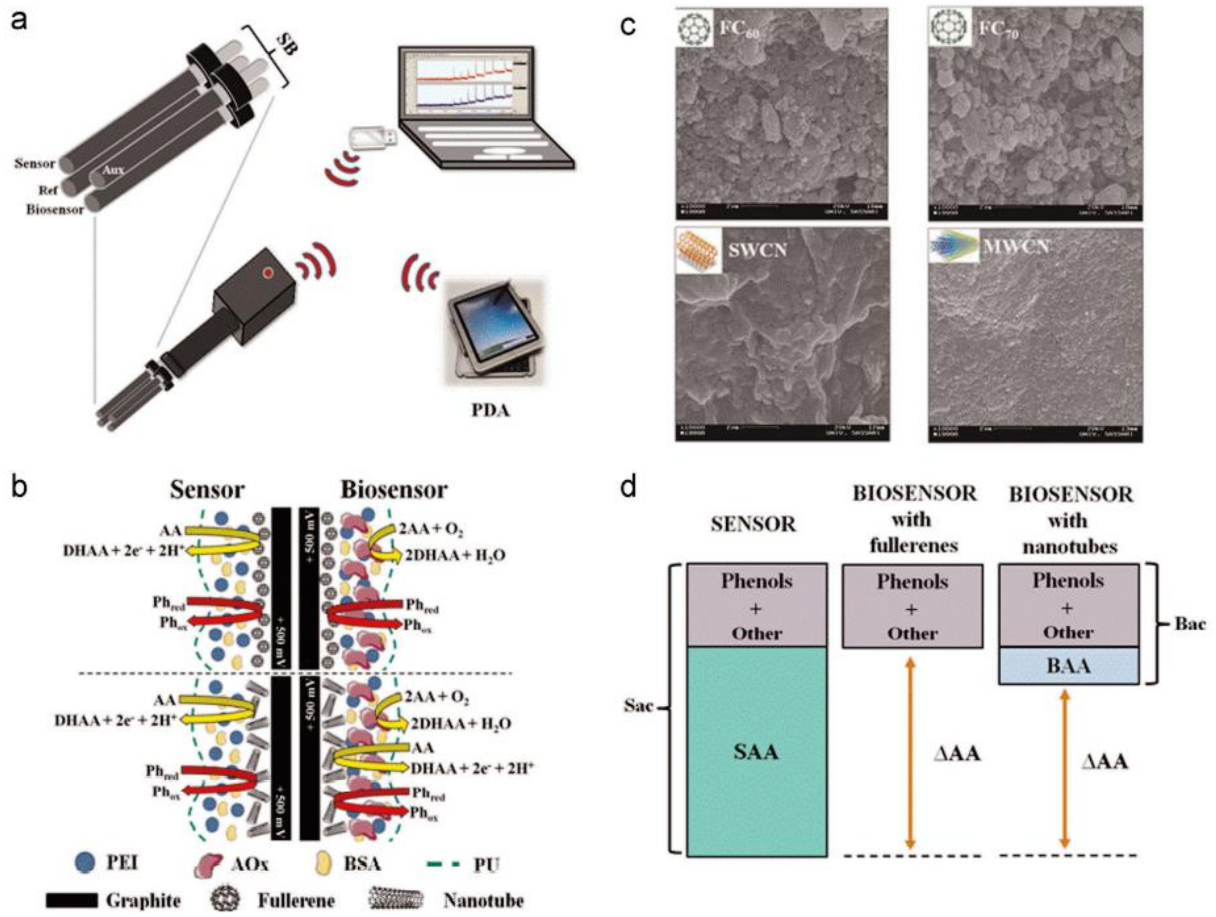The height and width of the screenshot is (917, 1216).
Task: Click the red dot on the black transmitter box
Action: [x=268, y=272]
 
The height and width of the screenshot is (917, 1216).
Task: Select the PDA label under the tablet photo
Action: [x=490, y=410]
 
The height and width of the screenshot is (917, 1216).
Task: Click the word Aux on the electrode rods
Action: [x=114, y=169]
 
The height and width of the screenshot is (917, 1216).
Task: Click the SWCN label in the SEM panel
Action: [x=758, y=250]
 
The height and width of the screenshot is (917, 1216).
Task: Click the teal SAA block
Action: [x=756, y=750]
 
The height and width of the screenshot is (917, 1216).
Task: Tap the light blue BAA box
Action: [x=1068, y=666]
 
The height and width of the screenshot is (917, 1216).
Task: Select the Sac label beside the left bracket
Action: [x=638, y=705]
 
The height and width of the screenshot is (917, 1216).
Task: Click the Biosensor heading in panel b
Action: [x=394, y=489]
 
